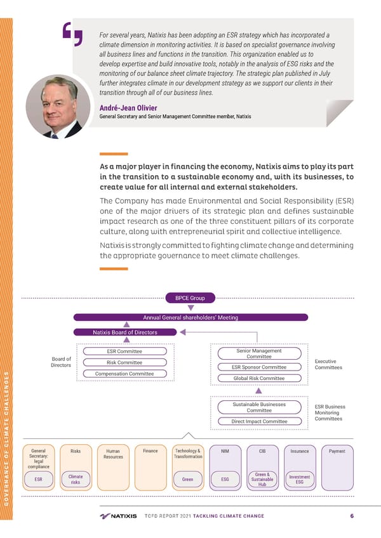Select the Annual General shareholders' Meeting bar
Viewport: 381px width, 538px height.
190,317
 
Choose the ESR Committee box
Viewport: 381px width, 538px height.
124,351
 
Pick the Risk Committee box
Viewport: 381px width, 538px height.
124,362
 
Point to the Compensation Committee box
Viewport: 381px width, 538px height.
124,374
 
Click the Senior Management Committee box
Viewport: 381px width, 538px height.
259,353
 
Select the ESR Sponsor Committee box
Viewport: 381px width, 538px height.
259,367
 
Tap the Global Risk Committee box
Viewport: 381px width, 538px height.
259,378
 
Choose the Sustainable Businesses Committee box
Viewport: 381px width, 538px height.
259,407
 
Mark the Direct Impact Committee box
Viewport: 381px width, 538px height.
259,421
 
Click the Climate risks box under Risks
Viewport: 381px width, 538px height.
76,480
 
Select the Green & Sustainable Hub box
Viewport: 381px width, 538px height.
262,480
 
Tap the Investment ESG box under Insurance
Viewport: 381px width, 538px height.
299,480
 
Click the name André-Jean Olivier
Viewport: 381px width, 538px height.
128,107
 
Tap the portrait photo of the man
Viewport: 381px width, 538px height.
58,106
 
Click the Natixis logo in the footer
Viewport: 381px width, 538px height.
118,516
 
